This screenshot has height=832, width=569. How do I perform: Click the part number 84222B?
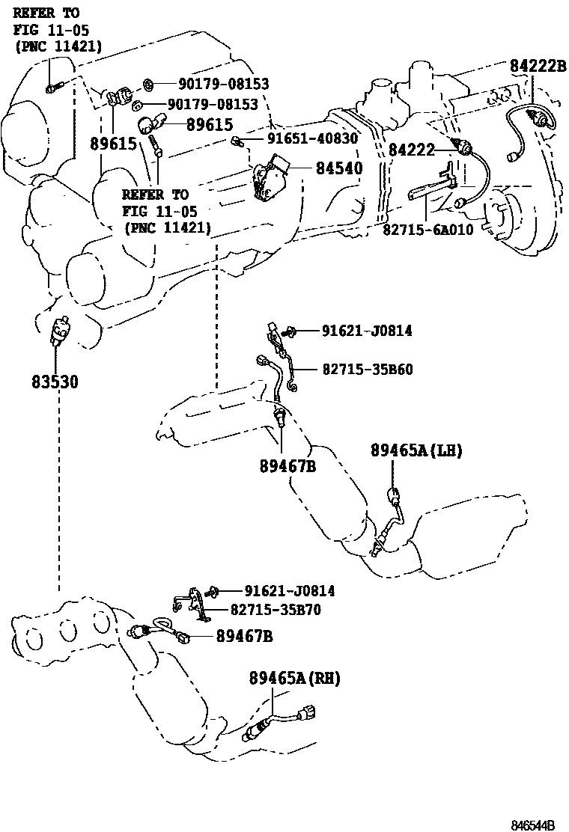tap(538, 66)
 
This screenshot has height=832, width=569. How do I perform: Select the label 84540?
tap(339, 168)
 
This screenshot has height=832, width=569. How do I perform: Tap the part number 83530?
tap(55, 382)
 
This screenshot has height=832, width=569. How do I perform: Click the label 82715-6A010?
tap(427, 230)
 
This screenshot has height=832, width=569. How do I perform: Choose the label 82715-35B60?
tap(368, 370)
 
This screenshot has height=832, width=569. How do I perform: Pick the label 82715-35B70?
tap(276, 610)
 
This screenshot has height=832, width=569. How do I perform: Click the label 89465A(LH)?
tap(416, 450)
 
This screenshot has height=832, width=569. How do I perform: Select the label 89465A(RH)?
tap(294, 678)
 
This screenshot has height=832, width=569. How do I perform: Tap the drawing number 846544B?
tap(532, 825)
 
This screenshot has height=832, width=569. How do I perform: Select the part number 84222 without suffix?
tap(411, 150)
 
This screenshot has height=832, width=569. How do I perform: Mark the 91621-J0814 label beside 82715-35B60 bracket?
tap(367, 331)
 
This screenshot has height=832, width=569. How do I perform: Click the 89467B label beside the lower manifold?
tap(244, 636)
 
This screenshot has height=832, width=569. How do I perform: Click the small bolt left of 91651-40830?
tap(237, 141)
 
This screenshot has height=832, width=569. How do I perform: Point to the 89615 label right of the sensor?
tap(210, 125)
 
